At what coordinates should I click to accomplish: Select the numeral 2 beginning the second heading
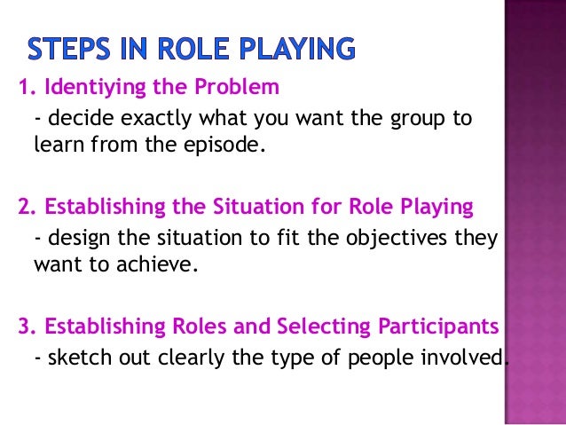point(23,208)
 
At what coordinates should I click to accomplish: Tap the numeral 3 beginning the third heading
point(23,327)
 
